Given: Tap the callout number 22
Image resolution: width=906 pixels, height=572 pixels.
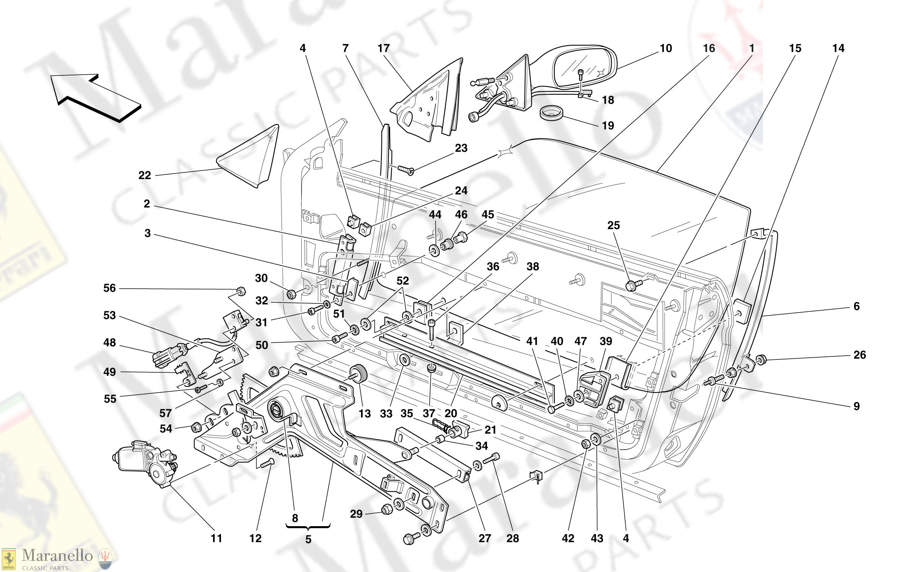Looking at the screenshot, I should click(145, 175).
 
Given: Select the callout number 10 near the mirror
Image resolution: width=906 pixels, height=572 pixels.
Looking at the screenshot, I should click(666, 48).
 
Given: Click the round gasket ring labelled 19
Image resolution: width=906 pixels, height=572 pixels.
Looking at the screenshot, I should click(551, 113).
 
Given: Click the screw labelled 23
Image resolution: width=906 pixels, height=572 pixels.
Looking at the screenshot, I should click(406, 170).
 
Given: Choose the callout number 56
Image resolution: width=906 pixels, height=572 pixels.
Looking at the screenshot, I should click(109, 288).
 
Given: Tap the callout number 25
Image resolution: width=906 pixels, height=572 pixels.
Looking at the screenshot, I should click(613, 225).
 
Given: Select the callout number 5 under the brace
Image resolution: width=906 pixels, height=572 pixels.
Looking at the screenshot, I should click(308, 539).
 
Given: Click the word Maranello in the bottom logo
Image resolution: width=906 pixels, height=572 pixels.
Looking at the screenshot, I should click(57, 556).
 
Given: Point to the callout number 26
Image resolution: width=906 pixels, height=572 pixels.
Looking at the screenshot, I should click(859, 355).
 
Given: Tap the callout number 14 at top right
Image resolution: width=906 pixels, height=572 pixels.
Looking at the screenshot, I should click(838, 48).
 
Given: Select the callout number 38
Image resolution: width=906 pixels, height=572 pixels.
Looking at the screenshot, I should click(532, 267).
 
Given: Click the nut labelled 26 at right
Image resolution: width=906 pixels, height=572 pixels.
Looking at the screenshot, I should click(760, 359).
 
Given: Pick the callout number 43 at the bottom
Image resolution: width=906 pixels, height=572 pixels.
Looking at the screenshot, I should click(597, 538).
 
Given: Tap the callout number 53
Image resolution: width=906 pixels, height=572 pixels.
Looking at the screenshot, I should click(109, 316).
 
